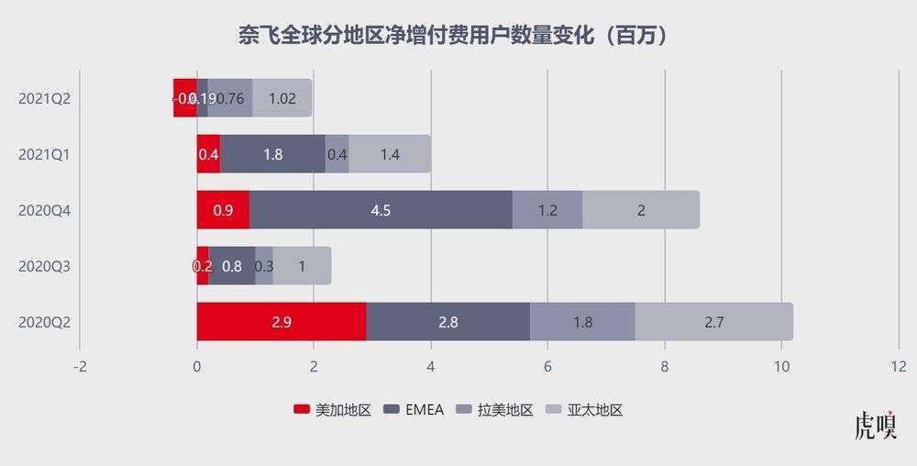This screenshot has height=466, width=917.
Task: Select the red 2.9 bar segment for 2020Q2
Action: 282,322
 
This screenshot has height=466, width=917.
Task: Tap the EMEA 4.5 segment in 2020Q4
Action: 381,210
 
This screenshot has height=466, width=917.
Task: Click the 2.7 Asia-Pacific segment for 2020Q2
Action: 713,322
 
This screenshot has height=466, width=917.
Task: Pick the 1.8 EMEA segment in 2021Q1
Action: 272,154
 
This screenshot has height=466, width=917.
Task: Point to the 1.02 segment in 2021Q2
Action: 282,98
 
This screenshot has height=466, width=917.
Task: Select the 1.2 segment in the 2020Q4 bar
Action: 547,210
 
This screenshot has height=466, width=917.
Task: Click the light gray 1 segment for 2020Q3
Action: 302,266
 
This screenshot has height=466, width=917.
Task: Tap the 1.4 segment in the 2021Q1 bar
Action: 390,154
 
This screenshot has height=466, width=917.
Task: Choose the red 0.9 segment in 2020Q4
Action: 223,210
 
